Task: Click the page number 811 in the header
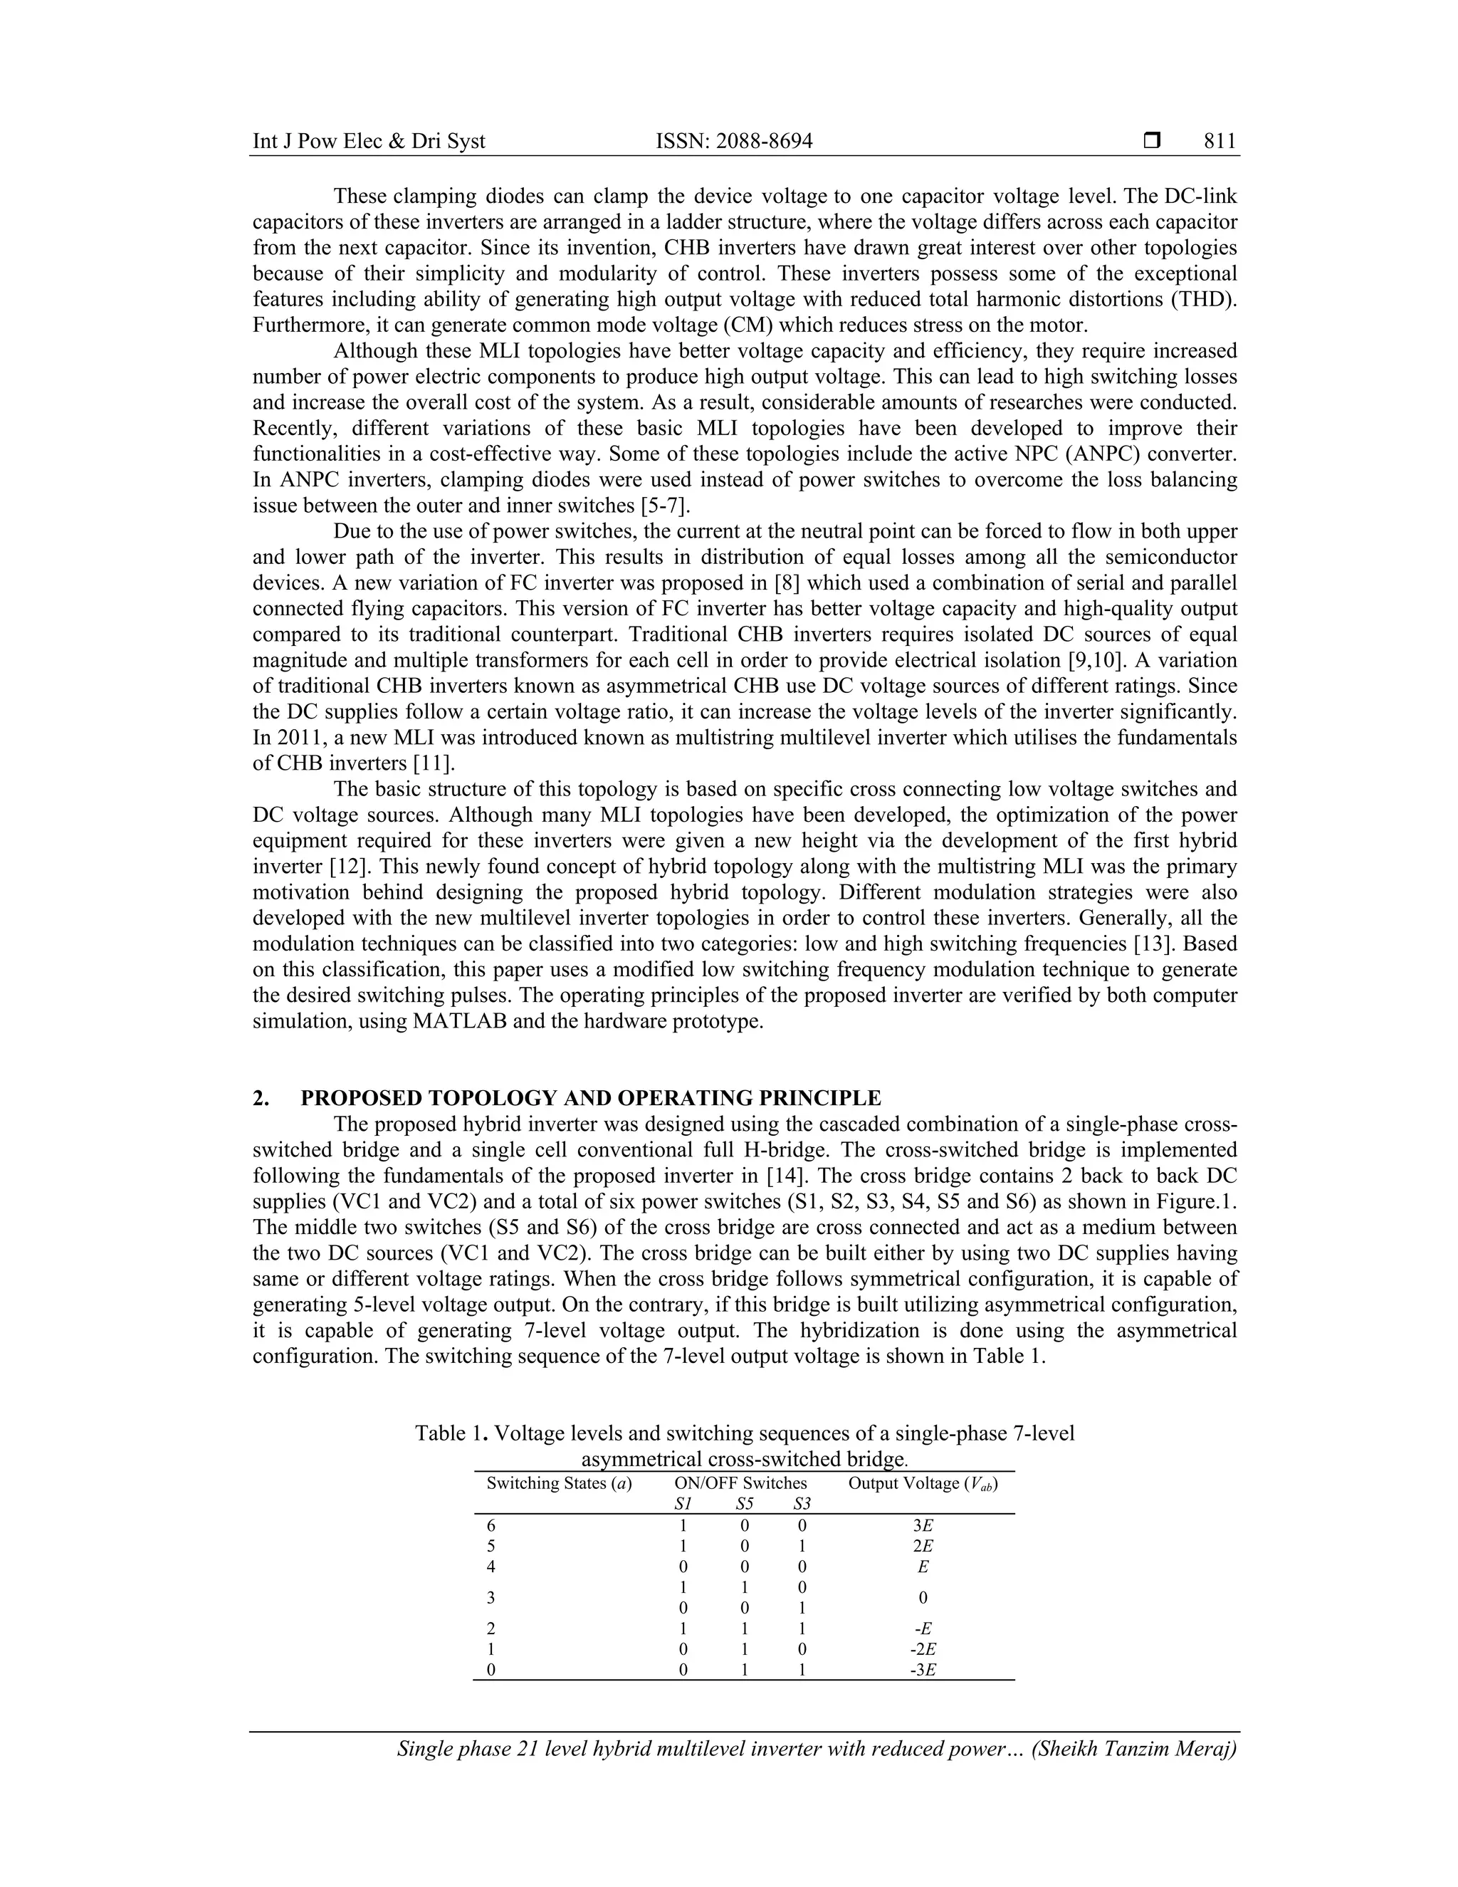1220,141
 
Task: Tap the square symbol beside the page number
1150,140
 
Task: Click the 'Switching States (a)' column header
559,1483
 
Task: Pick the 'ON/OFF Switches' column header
740,1483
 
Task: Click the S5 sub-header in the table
744,1504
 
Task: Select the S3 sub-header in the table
802,1504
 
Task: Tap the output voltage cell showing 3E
923,1527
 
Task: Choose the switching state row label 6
491,1527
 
